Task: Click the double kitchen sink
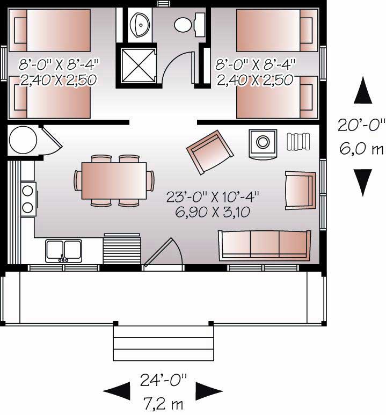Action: pos(64,251)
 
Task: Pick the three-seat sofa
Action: pos(264,245)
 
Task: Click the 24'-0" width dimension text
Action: pos(163,381)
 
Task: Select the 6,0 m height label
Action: pos(361,149)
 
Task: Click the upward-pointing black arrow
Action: pos(363,90)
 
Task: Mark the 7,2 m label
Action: pos(164,402)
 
